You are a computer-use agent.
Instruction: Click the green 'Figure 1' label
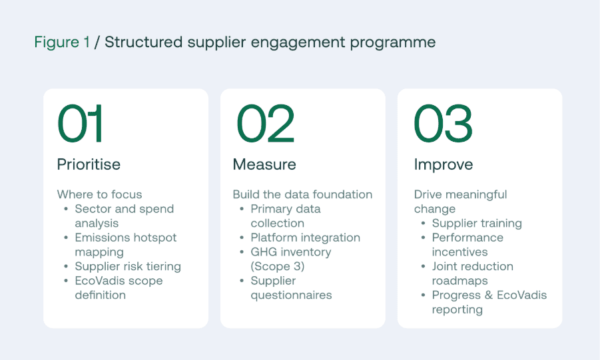62,42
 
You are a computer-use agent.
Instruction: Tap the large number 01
80,123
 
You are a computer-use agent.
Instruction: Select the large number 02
265,123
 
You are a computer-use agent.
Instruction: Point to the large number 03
443,123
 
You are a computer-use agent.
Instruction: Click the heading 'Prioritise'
89,164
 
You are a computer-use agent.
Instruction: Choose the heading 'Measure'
264,164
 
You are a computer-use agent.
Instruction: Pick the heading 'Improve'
444,164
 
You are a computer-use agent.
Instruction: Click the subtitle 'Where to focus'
99,194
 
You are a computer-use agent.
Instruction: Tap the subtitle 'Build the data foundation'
303,194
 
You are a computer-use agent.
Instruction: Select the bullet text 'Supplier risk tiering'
128,266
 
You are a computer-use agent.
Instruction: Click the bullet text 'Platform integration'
306,238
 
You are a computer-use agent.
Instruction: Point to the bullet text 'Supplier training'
477,223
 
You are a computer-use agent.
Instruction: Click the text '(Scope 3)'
278,266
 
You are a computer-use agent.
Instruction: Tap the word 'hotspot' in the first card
154,238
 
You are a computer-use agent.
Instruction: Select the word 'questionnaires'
291,295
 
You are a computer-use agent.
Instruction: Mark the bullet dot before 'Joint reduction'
423,266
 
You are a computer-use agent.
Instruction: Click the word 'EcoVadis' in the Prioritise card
97,281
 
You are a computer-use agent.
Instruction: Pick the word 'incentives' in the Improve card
460,252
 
